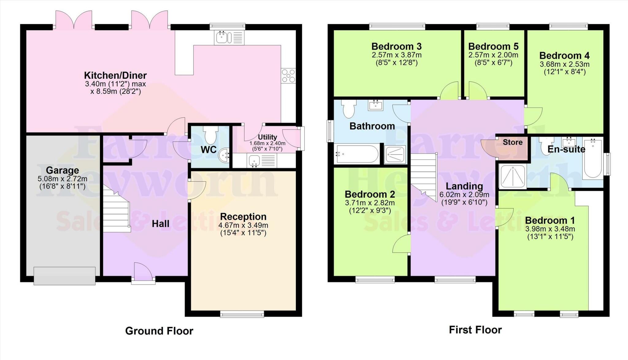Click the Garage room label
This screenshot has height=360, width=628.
click(x=62, y=170)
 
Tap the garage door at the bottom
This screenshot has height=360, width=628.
click(x=64, y=276)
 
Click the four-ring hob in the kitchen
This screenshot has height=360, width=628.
click(x=288, y=76)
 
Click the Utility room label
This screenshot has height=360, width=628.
click(x=267, y=137)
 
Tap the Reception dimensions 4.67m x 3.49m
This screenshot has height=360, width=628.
click(x=243, y=225)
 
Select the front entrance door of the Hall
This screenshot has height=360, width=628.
click(x=143, y=272)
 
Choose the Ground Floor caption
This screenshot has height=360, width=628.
click(x=159, y=331)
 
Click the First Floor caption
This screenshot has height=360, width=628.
click(x=475, y=330)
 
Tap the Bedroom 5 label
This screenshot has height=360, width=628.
click(x=493, y=47)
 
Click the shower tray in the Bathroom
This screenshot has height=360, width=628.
click(x=395, y=154)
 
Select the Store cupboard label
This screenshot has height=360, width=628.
click(x=512, y=142)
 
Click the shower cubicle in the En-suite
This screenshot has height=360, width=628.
click(x=512, y=176)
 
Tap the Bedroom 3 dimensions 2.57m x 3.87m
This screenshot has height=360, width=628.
click(x=396, y=55)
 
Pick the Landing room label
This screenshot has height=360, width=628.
click(x=464, y=186)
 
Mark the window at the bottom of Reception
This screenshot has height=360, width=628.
click(x=242, y=314)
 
